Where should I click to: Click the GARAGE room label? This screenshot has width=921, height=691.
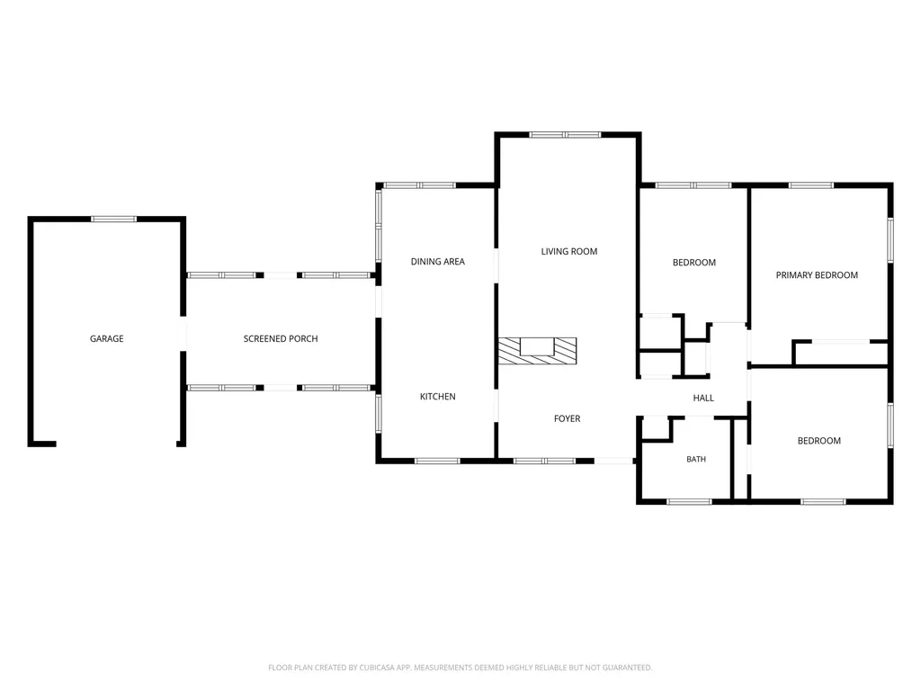106,338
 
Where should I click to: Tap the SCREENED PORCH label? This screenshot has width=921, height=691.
281,338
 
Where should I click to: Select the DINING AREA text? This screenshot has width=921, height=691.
438,262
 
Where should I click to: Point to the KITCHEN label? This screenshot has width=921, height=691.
438,397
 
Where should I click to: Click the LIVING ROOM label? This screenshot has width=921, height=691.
569,252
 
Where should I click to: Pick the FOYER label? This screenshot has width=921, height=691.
567,418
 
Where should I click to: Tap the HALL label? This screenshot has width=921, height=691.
703,398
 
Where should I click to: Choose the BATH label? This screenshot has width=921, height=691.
696,459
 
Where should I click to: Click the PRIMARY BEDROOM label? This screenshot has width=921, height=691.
817,275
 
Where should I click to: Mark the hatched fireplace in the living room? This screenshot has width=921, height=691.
538,351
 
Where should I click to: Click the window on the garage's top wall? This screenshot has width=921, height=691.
114,220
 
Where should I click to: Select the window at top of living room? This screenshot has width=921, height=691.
565,135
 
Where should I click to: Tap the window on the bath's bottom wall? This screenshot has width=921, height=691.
689,502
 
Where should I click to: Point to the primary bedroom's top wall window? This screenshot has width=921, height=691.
811,185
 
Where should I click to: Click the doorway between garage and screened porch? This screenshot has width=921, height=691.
183,334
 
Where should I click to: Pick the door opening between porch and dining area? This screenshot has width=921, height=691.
379,301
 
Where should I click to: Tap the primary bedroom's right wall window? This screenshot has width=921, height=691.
890,240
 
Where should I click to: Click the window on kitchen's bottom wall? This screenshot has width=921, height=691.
438,461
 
